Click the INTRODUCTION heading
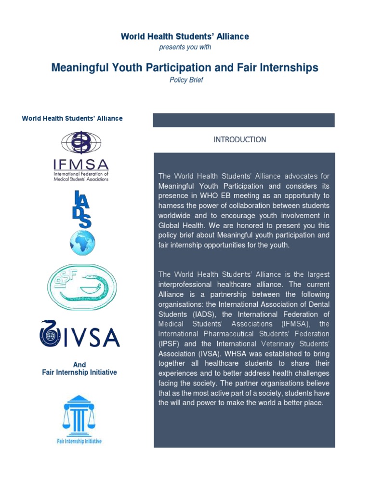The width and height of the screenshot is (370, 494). tap(239, 139)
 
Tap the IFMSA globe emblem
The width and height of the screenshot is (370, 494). tap(81, 143)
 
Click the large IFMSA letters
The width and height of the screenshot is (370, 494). tap(81, 165)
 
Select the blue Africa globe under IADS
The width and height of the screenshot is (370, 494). tap(82, 243)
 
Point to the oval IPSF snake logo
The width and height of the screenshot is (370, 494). tap(81, 287)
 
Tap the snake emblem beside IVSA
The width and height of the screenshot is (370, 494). tap(48, 333)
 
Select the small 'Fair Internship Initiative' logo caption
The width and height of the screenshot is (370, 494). tap(79, 441)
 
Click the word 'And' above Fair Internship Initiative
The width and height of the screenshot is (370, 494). tap(79, 365)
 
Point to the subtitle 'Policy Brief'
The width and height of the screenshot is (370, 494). tap(186, 80)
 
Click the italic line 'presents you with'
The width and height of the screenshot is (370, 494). tap(185, 47)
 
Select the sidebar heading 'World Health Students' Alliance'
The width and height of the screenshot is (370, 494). tap(72, 118)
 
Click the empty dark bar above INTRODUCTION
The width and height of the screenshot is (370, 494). tap(243, 120)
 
